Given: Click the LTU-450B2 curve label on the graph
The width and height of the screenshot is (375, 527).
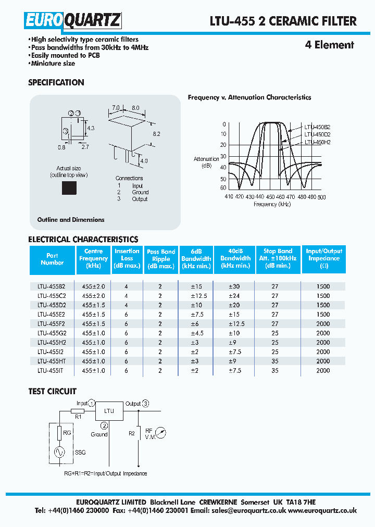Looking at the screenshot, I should (x=318, y=127).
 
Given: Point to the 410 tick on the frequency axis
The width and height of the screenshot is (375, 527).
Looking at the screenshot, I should (x=229, y=197).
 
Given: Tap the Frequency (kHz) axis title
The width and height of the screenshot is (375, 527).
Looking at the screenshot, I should (x=272, y=204).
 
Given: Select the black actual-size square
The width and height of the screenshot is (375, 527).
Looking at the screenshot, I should (x=69, y=187).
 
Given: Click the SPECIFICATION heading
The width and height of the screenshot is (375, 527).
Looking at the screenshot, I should (x=56, y=82).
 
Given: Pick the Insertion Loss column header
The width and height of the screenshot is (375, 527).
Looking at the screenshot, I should (x=127, y=258).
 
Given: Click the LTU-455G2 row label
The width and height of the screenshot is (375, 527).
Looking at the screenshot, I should (x=51, y=332).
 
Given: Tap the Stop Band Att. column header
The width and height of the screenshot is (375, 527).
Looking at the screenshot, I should (x=278, y=258).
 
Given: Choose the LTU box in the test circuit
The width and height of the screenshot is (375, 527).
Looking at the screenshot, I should (x=109, y=411).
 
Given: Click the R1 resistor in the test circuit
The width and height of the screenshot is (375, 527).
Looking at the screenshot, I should (x=78, y=410).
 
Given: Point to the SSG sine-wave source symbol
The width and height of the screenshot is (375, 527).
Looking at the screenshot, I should (x=59, y=452).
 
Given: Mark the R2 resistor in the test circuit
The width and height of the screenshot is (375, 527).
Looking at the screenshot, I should (x=139, y=433).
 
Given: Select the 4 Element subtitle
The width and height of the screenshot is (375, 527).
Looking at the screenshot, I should (x=329, y=45).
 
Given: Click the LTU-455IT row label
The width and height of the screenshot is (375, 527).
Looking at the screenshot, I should (x=51, y=370).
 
